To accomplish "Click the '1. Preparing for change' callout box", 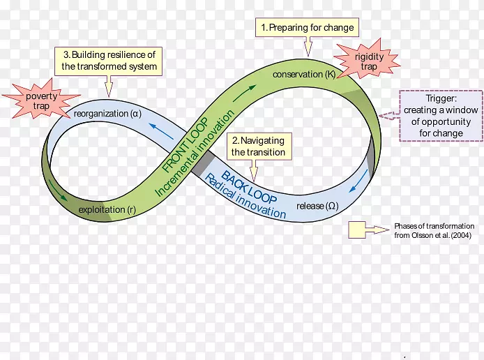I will [x=307, y=28].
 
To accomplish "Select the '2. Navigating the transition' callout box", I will [x=258, y=146].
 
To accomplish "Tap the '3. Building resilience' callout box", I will [x=109, y=60].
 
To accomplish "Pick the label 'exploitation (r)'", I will [x=106, y=209].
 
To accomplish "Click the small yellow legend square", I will [x=358, y=230].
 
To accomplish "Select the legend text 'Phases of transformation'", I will [x=434, y=226].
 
